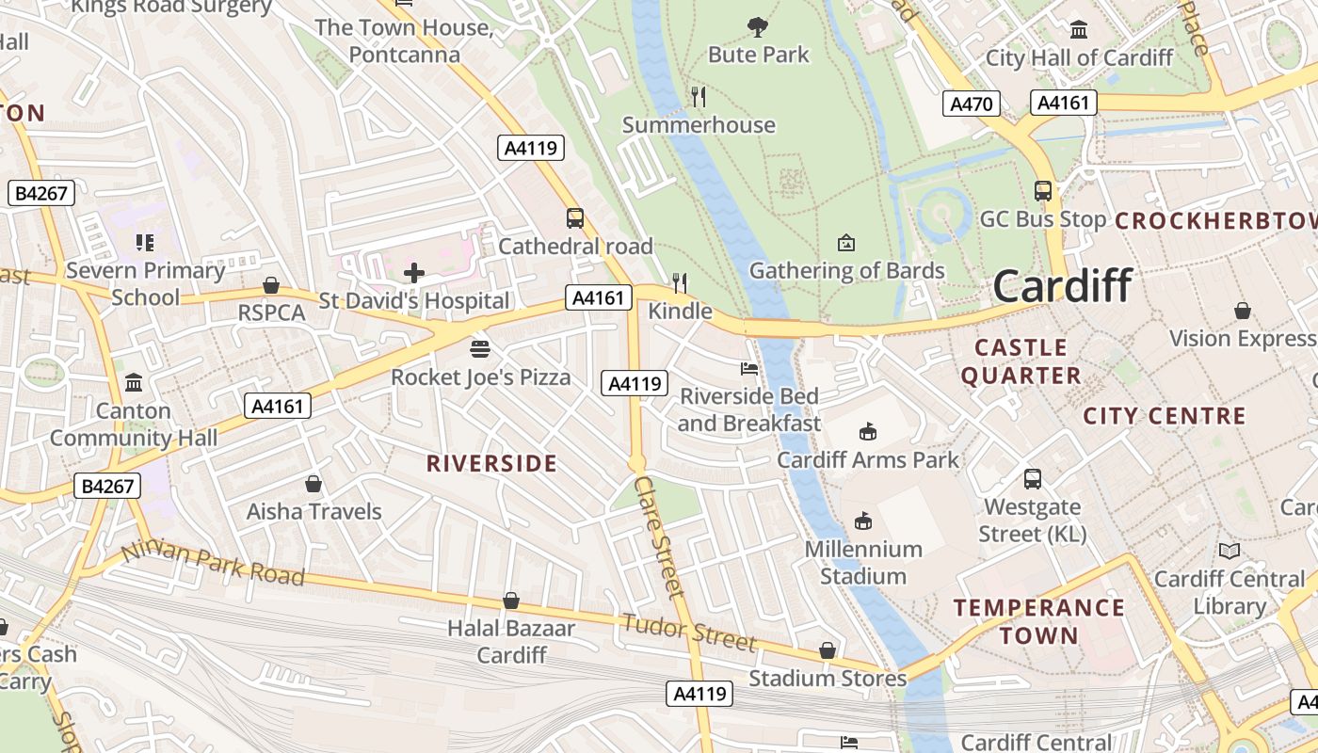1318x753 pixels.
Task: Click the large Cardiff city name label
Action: (1062, 285)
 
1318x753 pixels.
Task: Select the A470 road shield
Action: (971, 104)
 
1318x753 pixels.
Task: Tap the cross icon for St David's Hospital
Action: (413, 274)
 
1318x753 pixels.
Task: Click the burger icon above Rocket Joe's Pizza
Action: (480, 349)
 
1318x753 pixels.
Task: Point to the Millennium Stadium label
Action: (862, 562)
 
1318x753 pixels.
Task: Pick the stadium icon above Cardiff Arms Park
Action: (867, 431)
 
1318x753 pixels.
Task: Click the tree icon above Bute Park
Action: (757, 26)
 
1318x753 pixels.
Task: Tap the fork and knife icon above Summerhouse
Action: (698, 96)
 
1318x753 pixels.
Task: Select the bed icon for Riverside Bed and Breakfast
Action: (749, 368)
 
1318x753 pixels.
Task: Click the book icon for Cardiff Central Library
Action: (1229, 551)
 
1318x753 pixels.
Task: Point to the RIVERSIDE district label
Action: (491, 463)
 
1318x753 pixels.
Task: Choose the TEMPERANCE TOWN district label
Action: (1039, 621)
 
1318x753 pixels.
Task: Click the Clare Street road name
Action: (658, 536)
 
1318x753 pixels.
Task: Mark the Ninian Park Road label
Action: (214, 563)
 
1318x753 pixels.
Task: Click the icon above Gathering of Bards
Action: (845, 243)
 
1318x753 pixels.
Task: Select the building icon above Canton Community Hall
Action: (134, 383)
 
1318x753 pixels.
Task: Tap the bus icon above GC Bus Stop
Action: (1042, 191)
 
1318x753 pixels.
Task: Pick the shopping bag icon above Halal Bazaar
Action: (511, 601)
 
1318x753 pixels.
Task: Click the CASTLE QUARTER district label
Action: (1021, 361)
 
